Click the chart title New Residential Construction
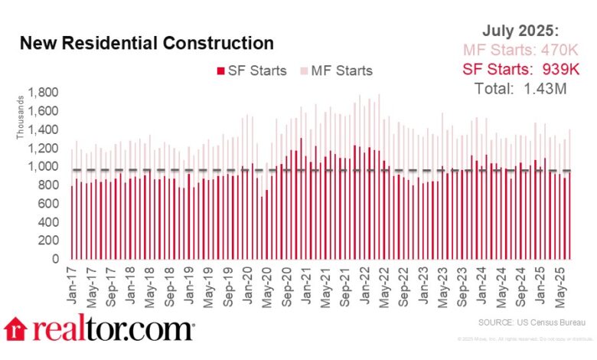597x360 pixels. [145, 43]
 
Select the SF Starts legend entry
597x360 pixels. [256, 71]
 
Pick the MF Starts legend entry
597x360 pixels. [342, 71]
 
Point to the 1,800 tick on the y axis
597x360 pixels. [44, 93]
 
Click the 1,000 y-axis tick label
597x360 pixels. [44, 167]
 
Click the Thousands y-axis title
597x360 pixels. [21, 122]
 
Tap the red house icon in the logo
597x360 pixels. [16, 329]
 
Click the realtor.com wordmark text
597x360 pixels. [112, 329]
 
